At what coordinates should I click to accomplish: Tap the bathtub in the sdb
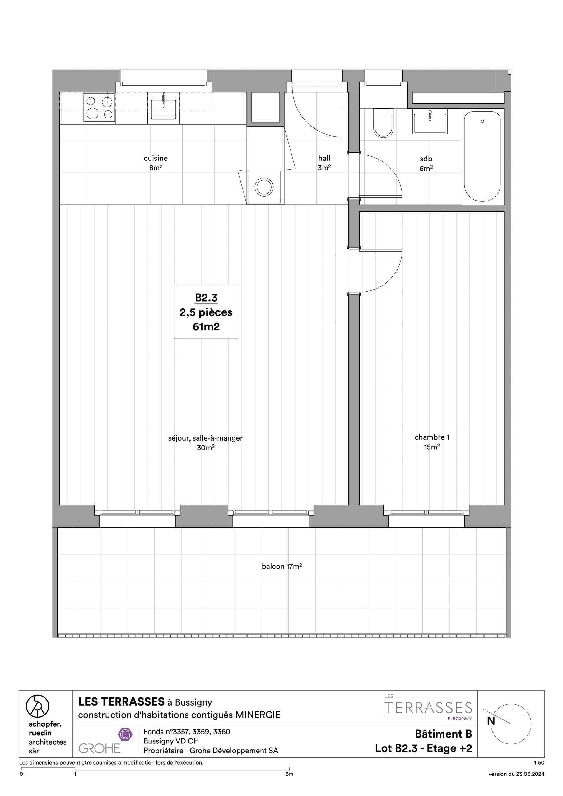tap(482, 157)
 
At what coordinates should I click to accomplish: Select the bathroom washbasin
tap(430, 121)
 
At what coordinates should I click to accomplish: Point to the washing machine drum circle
tap(264, 187)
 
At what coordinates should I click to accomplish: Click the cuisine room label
tap(156, 159)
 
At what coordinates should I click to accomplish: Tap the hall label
tap(324, 159)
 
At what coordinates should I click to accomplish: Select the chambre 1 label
tap(431, 437)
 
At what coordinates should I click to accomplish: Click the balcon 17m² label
tap(282, 567)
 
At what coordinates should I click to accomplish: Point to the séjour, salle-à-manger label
tap(205, 438)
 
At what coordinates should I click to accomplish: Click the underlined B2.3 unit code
tap(206, 298)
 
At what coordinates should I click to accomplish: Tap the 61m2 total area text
tap(206, 327)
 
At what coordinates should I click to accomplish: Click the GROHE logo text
tap(99, 748)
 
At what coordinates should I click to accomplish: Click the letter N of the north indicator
tap(491, 721)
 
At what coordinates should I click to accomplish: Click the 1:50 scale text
tap(539, 763)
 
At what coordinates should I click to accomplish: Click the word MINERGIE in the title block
tap(258, 715)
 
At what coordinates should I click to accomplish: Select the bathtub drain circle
tap(482, 121)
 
